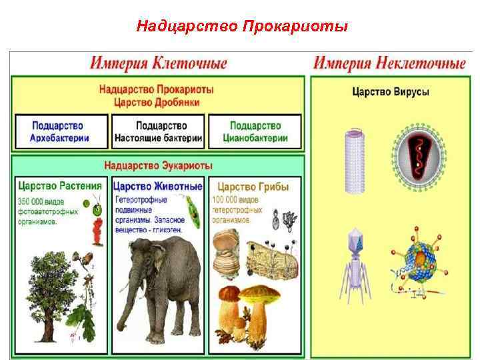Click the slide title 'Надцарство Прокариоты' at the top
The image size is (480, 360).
[241, 27]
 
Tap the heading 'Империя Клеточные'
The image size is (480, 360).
[159, 64]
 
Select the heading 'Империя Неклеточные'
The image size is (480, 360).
[389, 64]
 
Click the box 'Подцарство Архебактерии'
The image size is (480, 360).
[60, 132]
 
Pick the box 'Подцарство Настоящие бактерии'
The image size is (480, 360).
[158, 132]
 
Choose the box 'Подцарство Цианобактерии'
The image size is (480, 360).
[256, 132]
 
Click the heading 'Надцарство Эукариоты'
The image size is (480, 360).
[158, 165]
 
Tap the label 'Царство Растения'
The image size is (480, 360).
[60, 186]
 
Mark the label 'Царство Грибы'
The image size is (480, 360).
[253, 187]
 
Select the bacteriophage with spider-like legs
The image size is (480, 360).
[353, 260]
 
